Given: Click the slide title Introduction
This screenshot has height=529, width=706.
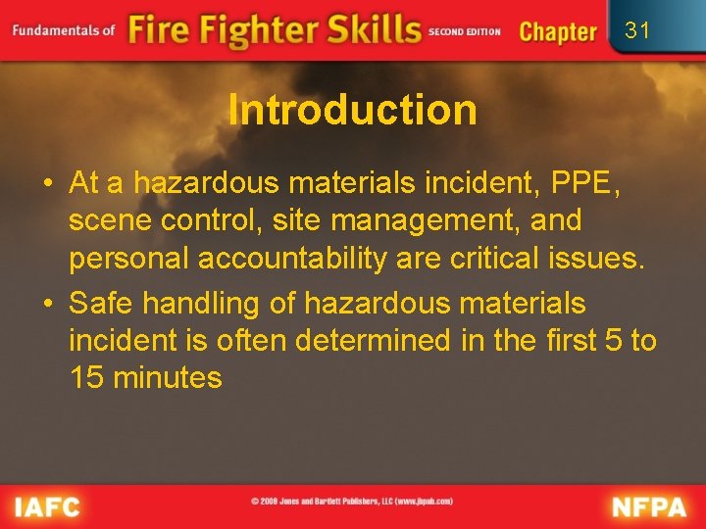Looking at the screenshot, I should tap(352, 110).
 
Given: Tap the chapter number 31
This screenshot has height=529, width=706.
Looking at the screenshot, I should tap(637, 30).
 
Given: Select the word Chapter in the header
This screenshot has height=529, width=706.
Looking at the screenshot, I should tap(557, 31).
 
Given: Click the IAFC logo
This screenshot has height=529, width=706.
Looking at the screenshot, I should tap(46, 506).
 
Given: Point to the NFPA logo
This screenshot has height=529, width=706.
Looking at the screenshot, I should tap(650, 506).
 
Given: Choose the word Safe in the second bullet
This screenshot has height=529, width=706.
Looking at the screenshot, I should tap(106, 304).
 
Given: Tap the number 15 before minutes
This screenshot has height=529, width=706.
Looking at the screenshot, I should tap(87, 378).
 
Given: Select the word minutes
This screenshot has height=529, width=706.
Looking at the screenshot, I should tap(169, 378).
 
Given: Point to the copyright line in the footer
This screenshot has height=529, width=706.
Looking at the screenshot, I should tap(352, 502).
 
